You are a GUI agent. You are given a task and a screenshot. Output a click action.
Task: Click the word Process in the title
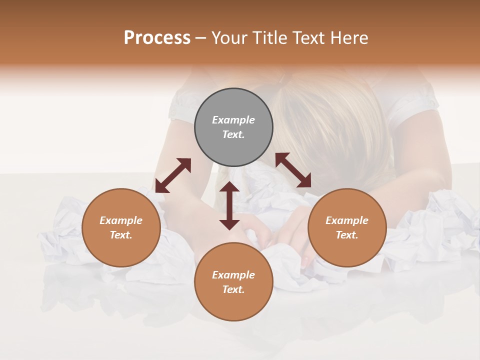click(157, 38)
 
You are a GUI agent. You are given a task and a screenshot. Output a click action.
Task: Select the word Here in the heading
click(349, 38)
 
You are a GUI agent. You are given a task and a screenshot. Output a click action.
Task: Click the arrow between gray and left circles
click(173, 175)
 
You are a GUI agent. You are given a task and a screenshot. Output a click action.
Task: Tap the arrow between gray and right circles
click(293, 170)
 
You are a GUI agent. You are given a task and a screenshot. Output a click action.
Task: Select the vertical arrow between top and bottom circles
click(229, 205)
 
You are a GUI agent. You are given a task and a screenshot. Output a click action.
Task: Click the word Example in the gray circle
click(233, 120)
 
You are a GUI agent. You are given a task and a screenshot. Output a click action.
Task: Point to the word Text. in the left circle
click(121, 235)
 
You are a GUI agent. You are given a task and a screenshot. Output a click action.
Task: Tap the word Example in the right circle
click(347, 220)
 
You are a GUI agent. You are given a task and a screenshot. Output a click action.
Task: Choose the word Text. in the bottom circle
click(233, 289)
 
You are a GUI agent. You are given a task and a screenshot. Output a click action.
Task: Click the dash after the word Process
click(200, 38)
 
